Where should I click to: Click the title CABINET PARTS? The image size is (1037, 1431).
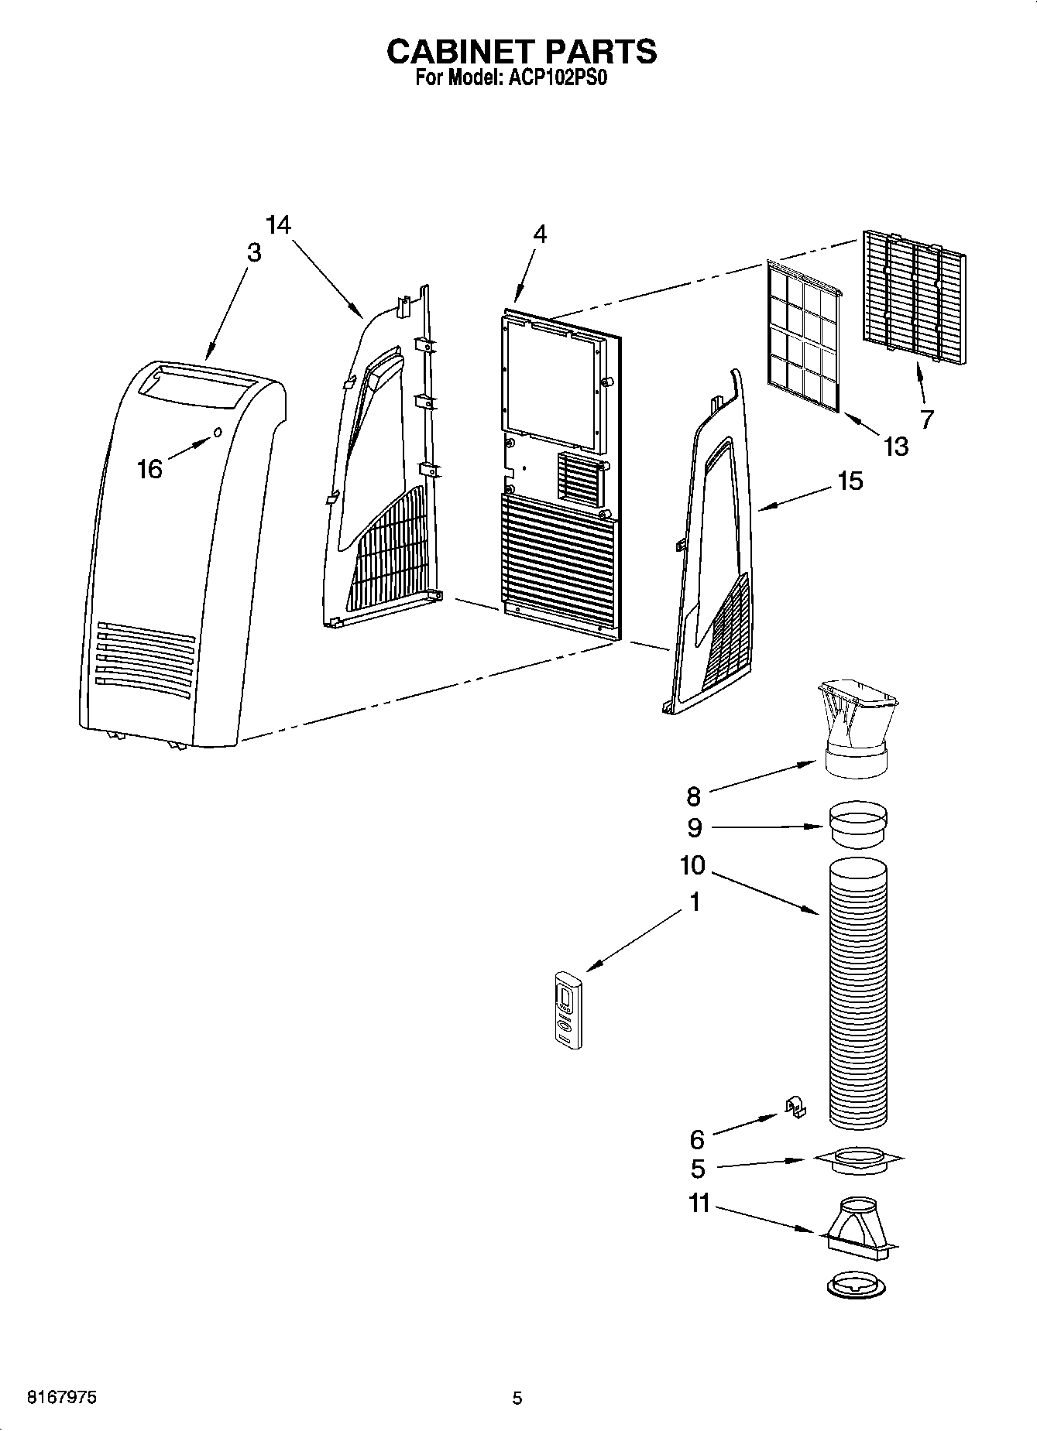click(521, 51)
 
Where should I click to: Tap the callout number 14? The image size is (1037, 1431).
click(278, 225)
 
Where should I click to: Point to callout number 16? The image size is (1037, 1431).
click(149, 468)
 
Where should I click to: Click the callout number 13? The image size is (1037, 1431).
click(895, 447)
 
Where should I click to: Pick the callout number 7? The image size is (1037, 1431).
click(926, 419)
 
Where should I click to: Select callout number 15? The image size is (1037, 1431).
click(850, 481)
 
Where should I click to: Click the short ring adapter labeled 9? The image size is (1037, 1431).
click(857, 827)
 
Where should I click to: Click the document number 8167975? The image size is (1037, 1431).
click(62, 1398)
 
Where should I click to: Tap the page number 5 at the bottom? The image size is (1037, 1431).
click(517, 1398)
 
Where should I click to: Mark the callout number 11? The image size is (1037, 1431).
click(699, 1204)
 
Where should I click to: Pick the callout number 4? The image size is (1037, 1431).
click(540, 234)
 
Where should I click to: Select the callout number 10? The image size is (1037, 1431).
click(692, 864)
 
